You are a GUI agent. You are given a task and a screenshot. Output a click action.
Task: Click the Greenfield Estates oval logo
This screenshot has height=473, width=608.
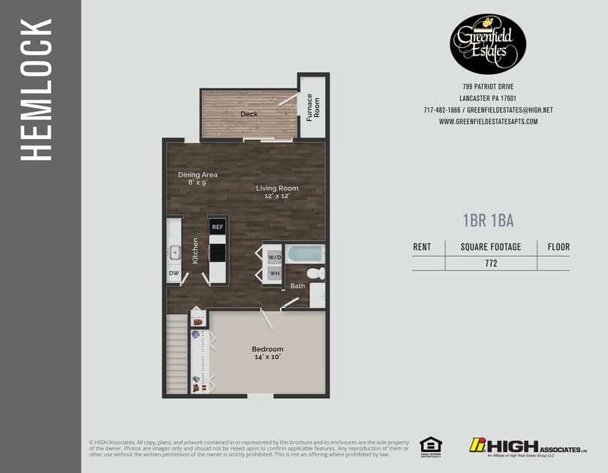[x=487, y=43]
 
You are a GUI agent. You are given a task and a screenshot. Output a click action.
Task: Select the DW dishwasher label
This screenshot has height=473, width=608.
[x=173, y=274]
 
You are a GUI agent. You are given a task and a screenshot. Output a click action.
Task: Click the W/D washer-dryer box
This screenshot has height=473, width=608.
[x=274, y=258]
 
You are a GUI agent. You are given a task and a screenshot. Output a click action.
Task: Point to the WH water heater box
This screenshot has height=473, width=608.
[x=274, y=273]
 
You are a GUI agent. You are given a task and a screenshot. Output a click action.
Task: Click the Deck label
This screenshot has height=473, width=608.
[x=249, y=114]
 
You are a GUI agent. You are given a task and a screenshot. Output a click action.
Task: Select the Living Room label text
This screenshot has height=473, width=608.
[x=277, y=188]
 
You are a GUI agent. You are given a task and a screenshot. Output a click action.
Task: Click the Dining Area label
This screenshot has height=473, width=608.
[x=197, y=175]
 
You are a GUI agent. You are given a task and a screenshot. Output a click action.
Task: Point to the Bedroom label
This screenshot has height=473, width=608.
[x=267, y=349]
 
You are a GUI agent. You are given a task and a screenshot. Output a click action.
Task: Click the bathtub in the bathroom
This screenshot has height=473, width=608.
[x=304, y=252]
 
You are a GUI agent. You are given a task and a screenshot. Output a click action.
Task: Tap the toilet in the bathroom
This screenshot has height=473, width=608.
[x=318, y=273]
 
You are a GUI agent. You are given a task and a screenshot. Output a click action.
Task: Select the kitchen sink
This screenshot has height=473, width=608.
[x=173, y=251]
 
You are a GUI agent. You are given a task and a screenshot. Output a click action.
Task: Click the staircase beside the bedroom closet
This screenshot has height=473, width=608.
[x=176, y=353]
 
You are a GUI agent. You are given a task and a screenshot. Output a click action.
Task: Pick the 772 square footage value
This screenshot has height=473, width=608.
[x=491, y=264]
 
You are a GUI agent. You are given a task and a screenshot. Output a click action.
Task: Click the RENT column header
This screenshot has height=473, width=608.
[x=422, y=246]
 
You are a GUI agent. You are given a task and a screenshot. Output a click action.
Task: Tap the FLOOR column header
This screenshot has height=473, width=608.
[x=558, y=246]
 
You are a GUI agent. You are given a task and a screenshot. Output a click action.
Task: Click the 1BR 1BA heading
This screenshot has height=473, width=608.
[x=488, y=220]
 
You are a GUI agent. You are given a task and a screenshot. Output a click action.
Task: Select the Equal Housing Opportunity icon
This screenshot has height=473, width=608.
[x=430, y=445]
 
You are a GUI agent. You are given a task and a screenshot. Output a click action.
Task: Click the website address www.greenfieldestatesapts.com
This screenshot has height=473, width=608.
[x=488, y=121]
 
